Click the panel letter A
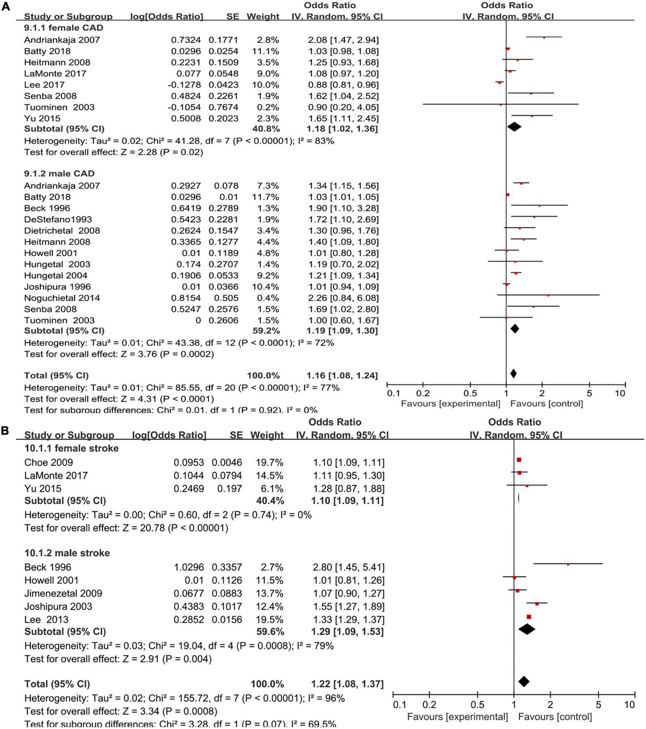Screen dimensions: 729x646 (6, 7)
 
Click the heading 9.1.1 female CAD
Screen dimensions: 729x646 (63, 28)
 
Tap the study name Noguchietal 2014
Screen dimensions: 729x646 (62, 298)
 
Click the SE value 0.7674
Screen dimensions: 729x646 (223, 107)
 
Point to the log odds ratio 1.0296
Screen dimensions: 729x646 (188, 567)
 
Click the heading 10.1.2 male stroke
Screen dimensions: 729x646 (67, 553)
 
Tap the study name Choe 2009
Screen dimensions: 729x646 (49, 462)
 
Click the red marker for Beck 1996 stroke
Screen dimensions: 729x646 (568, 564)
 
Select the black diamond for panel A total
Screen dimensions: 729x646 (513, 374)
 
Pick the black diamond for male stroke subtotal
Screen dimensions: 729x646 (527, 629)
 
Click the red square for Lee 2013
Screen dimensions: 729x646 (529, 617)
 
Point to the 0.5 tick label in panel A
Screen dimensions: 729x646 (470, 393)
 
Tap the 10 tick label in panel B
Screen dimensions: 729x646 (630, 705)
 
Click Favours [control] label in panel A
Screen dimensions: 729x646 (546, 404)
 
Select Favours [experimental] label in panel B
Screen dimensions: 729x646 (457, 717)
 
